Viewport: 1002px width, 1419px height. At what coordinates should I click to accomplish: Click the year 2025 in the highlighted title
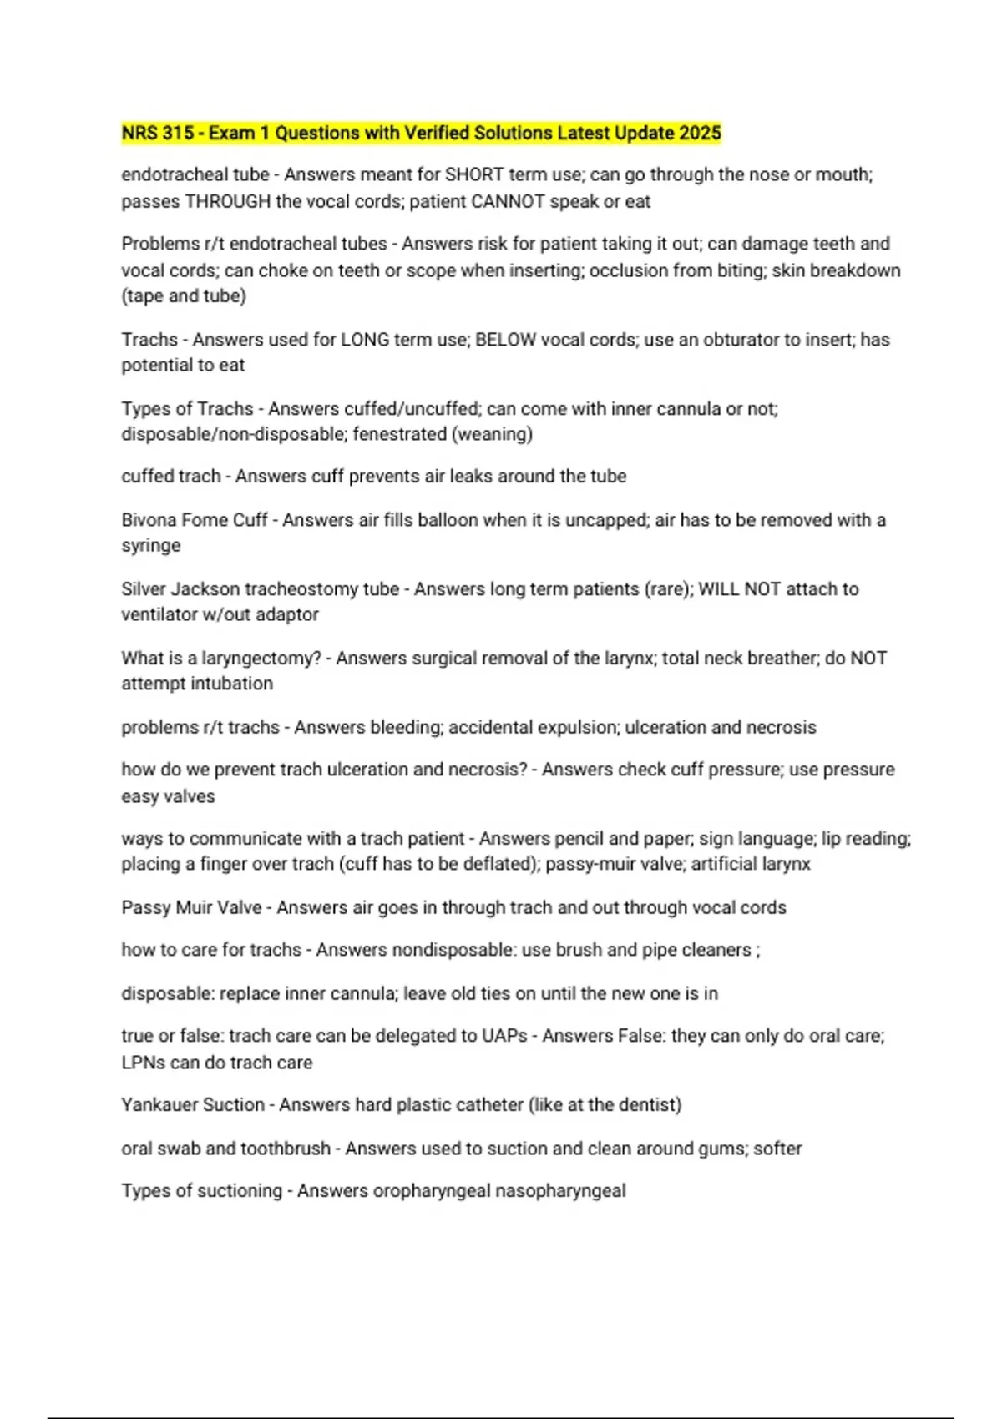(700, 133)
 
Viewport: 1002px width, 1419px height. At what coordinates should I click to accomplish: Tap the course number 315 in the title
(178, 133)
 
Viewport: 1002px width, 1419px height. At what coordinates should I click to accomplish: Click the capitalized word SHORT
(474, 174)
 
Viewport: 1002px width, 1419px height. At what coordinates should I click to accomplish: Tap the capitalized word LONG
(365, 340)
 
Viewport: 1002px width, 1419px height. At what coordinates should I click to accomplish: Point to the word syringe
(151, 545)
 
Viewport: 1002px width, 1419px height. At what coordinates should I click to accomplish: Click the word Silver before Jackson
(144, 589)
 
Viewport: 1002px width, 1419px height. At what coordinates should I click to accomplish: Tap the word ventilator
(159, 614)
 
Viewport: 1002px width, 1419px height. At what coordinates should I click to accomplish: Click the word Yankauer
(155, 1105)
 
